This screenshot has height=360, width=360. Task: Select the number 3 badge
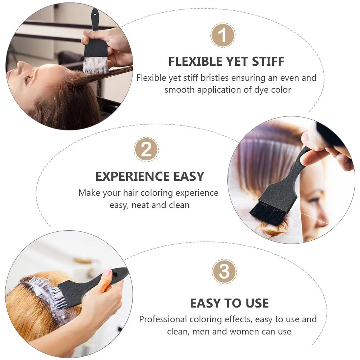224,272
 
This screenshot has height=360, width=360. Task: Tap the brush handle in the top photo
95,20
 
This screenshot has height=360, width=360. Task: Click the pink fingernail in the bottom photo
107,272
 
